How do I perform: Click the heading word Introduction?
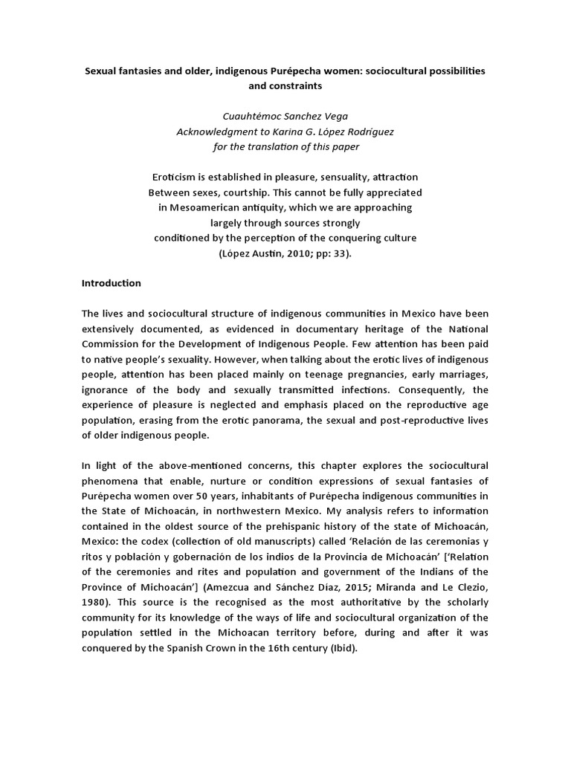click(x=111, y=283)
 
